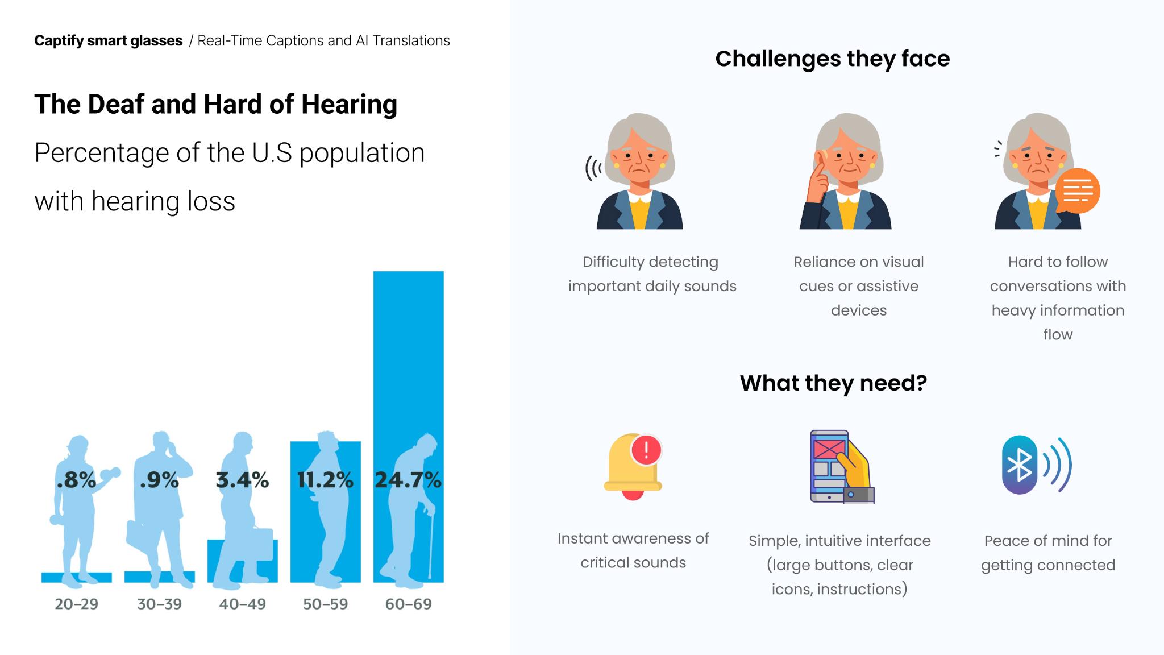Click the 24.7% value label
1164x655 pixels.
[x=408, y=480]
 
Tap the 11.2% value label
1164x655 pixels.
[x=325, y=480]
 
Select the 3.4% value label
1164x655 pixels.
[x=242, y=480]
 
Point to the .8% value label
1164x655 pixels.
[x=76, y=480]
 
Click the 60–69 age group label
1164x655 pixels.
[x=408, y=604]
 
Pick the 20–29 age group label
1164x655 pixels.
[x=76, y=604]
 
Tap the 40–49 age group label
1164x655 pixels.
[x=242, y=604]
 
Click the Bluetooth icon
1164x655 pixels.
[x=1020, y=465]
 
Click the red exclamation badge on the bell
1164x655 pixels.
[x=646, y=450]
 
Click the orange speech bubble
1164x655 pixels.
[x=1077, y=191]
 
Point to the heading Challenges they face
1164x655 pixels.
[x=832, y=59]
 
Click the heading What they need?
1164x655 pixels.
[x=833, y=383]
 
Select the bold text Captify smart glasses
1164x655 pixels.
[x=108, y=41]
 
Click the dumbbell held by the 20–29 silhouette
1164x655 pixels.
[x=110, y=473]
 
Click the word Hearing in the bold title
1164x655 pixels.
[x=349, y=104]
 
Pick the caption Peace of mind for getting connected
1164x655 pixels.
[x=1048, y=553]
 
